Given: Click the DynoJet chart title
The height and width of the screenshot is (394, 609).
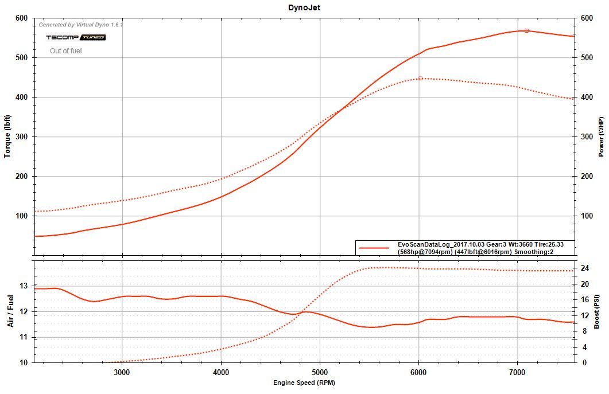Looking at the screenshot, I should pos(304,7).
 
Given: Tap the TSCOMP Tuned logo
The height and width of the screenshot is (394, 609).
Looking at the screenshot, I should pos(76,37).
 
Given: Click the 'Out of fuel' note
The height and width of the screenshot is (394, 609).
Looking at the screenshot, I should pos(65,51).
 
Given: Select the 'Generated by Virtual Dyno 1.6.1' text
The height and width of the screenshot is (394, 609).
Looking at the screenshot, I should pos(81,25).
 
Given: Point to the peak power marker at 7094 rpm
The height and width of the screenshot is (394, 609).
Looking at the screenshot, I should pos(526,30).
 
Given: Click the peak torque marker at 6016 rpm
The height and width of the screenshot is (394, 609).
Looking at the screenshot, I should pos(420,78).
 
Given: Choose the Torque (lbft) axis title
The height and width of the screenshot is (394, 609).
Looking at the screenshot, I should pos(8,136).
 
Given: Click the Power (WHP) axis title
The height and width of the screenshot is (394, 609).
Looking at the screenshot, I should pos(601,136).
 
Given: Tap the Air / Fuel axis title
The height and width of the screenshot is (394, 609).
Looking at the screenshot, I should pos(10,312).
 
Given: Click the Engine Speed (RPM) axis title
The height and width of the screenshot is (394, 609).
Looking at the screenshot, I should pos(304,383).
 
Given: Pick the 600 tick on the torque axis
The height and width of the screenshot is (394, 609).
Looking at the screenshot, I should pos(21,18).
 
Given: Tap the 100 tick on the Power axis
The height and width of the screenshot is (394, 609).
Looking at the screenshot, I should pos(587,216).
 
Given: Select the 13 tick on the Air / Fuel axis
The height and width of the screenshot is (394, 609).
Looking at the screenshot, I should pos(24,286).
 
